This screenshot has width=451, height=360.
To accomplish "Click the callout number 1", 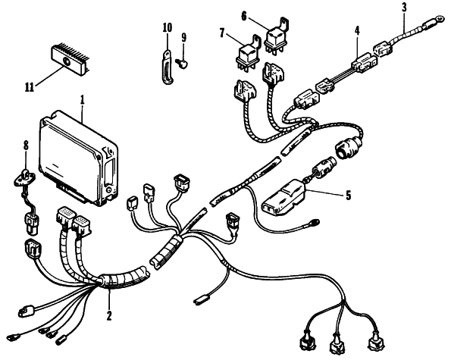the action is (x=83, y=100).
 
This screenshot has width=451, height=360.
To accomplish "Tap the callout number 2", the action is (x=109, y=315).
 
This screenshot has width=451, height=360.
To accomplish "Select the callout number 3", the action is (x=405, y=8).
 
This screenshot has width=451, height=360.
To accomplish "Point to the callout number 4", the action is (x=357, y=31).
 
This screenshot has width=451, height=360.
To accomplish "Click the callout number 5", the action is (x=349, y=196).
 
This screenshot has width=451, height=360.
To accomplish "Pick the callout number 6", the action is (x=244, y=16).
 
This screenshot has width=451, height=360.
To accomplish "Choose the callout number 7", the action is (x=222, y=33).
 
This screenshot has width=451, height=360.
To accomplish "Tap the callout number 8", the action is (x=26, y=146).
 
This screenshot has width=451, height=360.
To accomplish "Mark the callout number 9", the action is (x=183, y=38).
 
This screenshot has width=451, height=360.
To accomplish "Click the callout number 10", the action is (x=168, y=27).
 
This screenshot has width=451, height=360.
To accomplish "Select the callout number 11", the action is (x=30, y=87).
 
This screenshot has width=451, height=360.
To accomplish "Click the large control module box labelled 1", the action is (x=78, y=158).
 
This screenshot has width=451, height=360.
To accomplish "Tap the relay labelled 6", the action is (x=276, y=36).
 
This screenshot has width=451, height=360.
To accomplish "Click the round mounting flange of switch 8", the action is (x=25, y=177).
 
